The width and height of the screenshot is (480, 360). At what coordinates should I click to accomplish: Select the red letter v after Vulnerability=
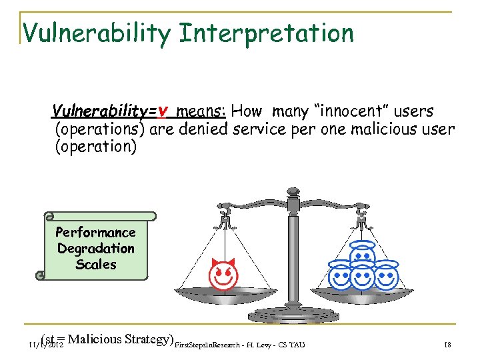(x=163, y=111)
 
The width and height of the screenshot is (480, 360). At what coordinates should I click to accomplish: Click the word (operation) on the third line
(x=95, y=146)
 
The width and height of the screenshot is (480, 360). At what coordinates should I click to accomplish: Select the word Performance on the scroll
(x=95, y=232)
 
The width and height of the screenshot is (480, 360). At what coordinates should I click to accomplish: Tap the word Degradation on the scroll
(x=95, y=248)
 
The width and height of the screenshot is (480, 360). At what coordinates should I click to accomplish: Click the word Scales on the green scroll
(x=95, y=264)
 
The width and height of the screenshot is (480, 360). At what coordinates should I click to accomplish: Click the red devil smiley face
(x=223, y=275)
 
